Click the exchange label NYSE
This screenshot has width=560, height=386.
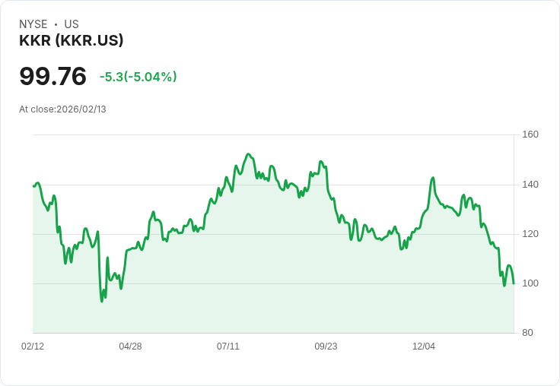33,24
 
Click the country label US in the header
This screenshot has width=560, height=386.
72,24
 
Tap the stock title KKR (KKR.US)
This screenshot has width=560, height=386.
72,41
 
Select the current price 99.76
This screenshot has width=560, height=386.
52,76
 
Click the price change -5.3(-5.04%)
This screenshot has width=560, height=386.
138,77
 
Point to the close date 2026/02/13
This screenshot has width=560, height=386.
81,109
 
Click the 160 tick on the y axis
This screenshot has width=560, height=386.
530,134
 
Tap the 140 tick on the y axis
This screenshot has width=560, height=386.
530,185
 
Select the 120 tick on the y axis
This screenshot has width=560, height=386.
530,234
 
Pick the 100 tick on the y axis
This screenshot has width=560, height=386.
530,283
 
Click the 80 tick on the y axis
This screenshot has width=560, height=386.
528,333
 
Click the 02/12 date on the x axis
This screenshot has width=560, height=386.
33,346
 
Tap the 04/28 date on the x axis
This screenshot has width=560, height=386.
130,346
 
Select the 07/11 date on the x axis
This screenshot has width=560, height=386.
228,346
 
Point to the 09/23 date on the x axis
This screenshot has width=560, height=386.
326,346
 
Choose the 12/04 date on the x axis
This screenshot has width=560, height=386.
424,346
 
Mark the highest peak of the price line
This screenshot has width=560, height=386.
248,154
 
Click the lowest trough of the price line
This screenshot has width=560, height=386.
102,302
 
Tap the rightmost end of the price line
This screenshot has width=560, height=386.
514,283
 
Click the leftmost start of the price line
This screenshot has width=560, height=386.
33,186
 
